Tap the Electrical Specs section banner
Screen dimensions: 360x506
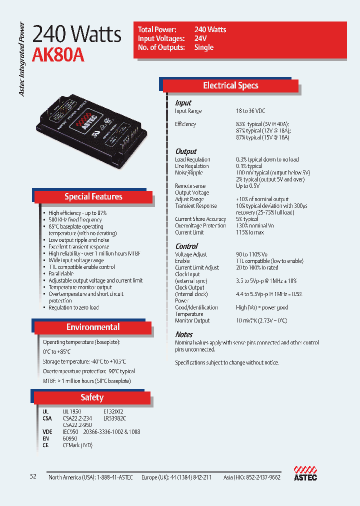point(230,85)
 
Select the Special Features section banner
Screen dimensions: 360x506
point(93,196)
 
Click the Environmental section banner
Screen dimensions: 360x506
point(93,327)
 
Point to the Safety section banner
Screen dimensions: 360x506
point(92,397)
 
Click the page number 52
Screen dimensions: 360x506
point(33,476)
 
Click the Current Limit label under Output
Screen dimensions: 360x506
point(189,232)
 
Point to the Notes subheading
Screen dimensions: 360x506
point(184,334)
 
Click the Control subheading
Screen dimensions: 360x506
point(186,246)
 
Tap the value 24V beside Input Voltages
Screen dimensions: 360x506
point(200,38)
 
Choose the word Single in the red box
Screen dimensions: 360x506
point(204,47)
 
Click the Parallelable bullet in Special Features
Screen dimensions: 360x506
point(61,274)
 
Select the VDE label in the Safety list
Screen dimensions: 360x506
point(47,431)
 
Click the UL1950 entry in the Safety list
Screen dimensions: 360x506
point(72,411)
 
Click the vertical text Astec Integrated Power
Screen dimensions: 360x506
point(22,59)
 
